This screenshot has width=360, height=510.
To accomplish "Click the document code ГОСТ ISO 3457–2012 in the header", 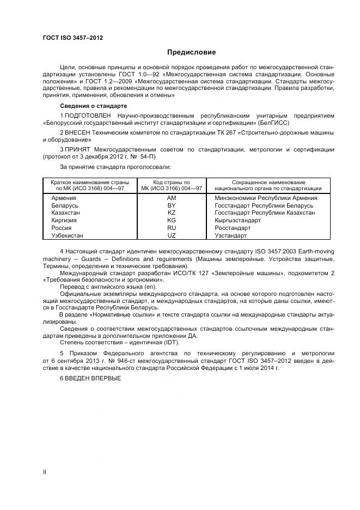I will [x=72, y=38].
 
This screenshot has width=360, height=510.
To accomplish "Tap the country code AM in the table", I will [x=172, y=198].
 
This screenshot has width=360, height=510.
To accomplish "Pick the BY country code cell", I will [x=172, y=205].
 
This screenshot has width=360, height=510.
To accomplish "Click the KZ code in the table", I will [x=172, y=213].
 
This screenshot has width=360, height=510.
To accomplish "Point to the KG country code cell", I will [x=172, y=221].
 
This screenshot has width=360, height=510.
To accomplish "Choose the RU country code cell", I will [x=172, y=228].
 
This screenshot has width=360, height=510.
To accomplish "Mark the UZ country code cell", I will [x=172, y=236].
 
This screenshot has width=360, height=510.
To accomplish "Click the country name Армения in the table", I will [x=63, y=198].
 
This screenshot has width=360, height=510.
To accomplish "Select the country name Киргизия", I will [x=64, y=221].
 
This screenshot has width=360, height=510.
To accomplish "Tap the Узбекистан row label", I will [x=67, y=236].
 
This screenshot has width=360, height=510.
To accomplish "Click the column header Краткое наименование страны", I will [x=89, y=182].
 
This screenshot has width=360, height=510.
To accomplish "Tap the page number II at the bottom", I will [x=45, y=472].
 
